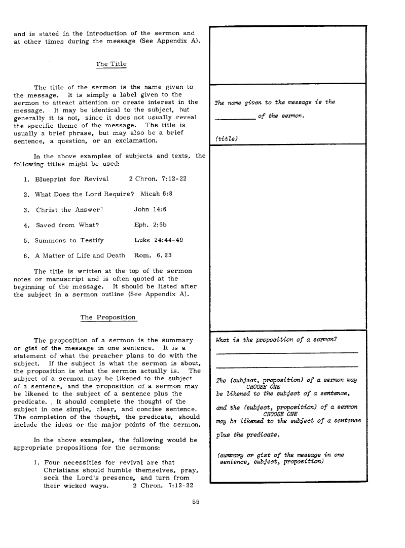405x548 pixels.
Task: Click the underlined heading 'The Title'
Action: coord(111,64)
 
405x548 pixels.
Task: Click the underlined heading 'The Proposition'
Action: coord(108,317)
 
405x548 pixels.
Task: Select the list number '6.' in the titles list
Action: coord(27,255)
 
